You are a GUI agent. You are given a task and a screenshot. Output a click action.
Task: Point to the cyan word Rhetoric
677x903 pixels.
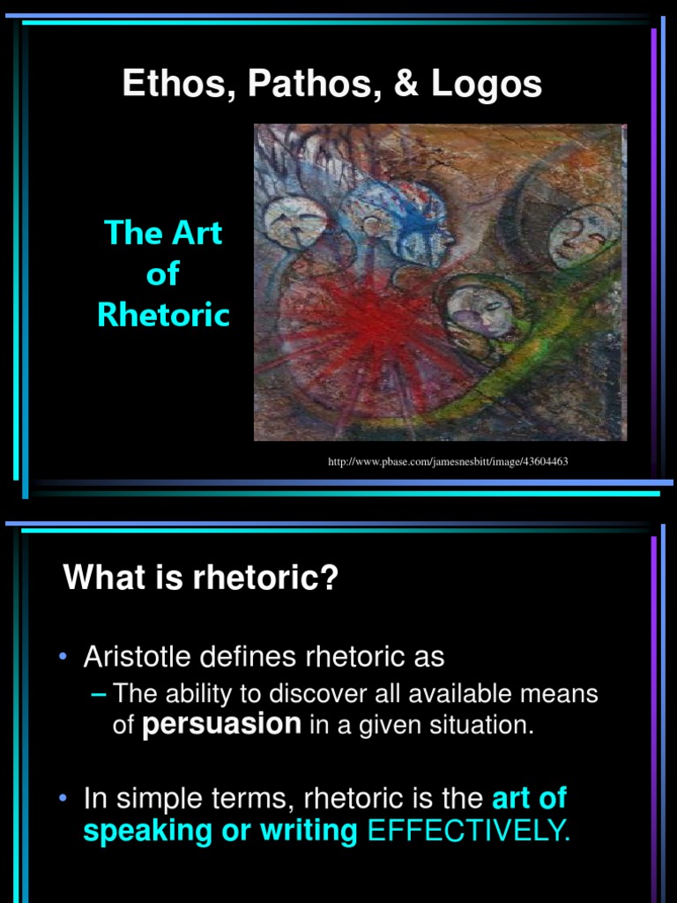point(163,315)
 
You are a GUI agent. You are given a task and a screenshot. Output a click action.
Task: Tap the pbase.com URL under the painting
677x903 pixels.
point(454,461)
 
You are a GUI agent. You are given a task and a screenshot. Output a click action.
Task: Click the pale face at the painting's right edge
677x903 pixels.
point(582,234)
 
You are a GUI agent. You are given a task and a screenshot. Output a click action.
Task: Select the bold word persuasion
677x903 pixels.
point(221,724)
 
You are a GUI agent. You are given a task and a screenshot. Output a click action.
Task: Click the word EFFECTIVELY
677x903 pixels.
point(468,831)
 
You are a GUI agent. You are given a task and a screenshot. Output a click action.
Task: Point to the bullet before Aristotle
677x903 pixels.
point(64,657)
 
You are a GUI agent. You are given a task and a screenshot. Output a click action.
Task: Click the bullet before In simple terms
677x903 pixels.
point(64,799)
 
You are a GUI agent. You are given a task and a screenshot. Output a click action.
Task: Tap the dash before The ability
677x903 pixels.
point(99,694)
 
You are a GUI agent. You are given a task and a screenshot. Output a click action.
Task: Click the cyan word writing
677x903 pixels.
point(309,831)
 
